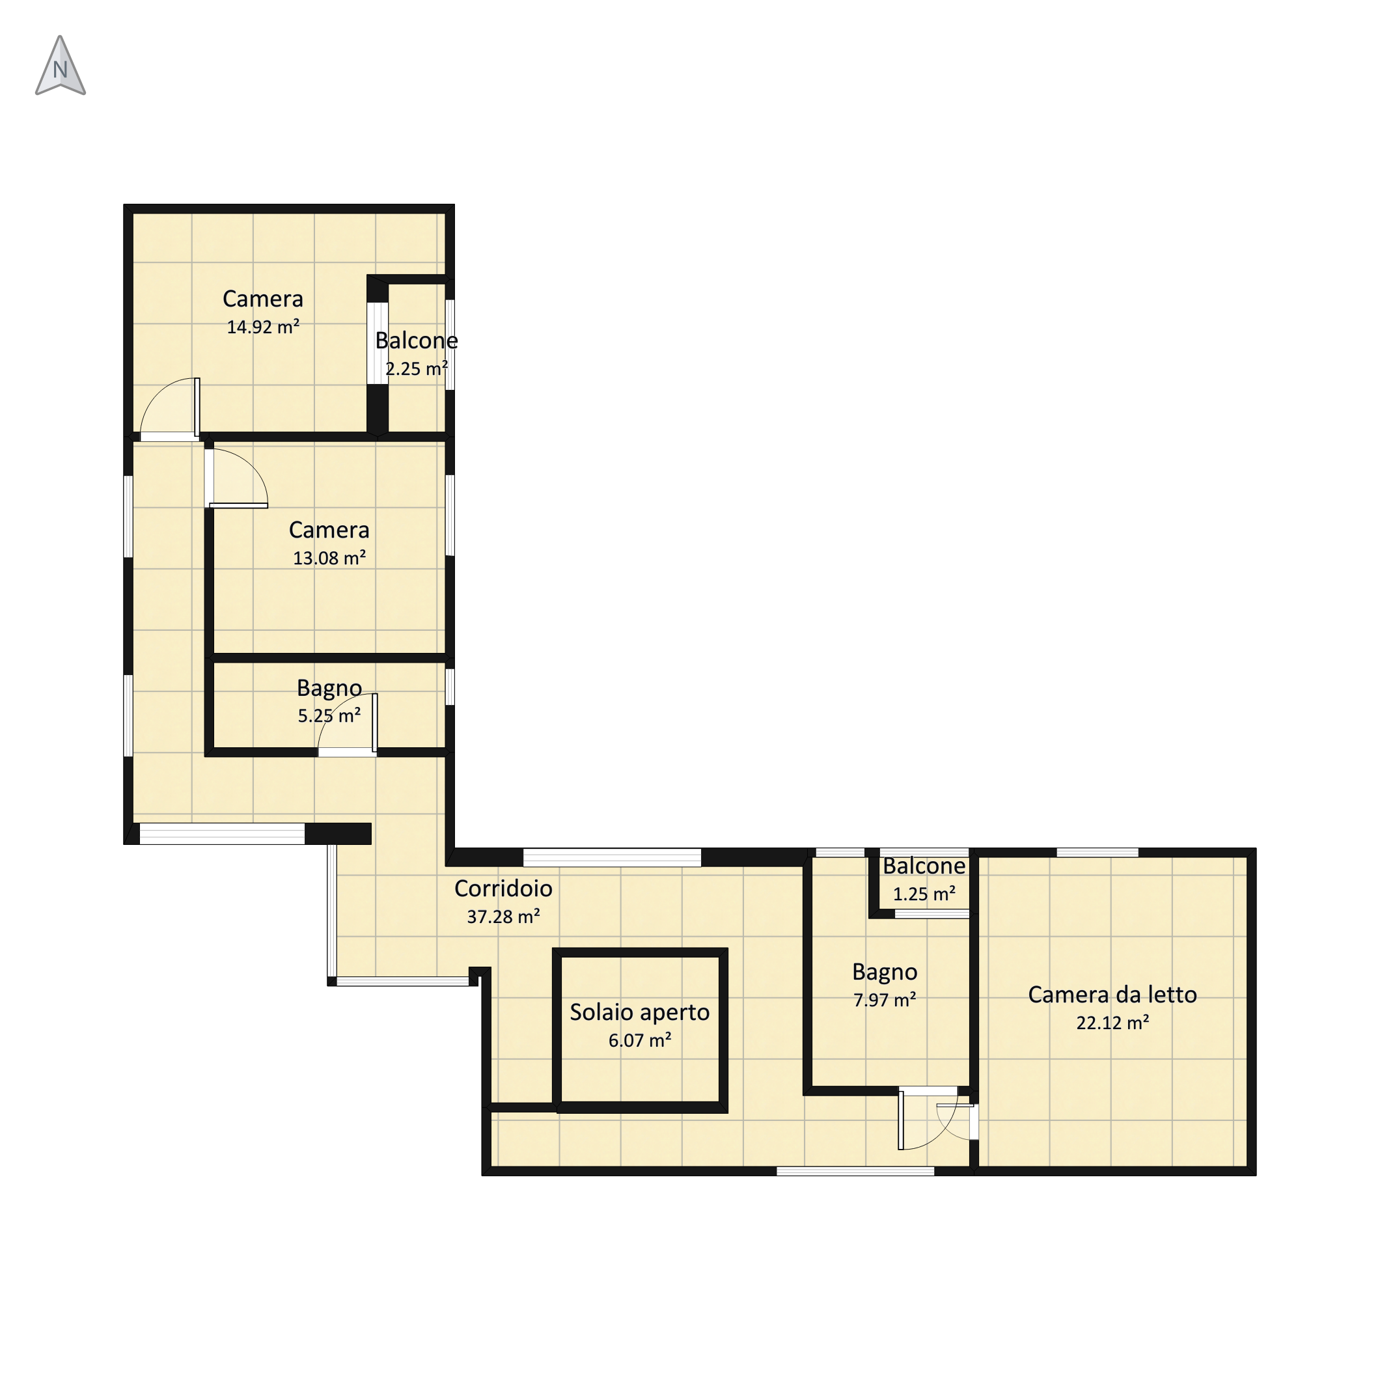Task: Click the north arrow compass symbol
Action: (x=61, y=66)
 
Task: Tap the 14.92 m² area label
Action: (x=263, y=327)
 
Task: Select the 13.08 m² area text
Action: (x=329, y=558)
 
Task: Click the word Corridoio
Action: (x=504, y=888)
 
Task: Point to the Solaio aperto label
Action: (x=640, y=1012)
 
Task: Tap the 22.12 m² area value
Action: (x=1113, y=1023)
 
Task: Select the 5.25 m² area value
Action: (x=329, y=716)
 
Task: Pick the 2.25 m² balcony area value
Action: (x=417, y=368)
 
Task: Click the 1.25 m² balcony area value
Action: (x=924, y=894)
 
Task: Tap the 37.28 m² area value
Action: (x=504, y=917)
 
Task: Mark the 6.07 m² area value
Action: (x=640, y=1041)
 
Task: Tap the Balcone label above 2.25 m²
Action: (x=417, y=340)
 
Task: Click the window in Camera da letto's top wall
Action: (x=1097, y=852)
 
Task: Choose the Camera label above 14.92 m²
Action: (x=263, y=299)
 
